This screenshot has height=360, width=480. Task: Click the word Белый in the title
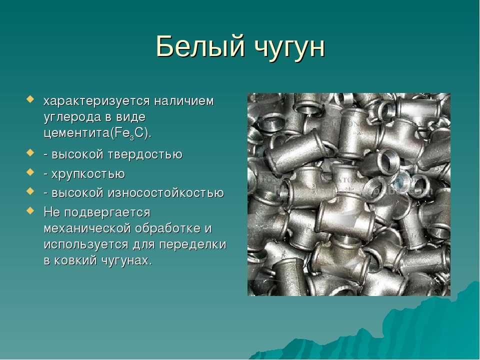pyautogui.click(x=200, y=46)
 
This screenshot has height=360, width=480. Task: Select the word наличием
pyautogui.click(x=183, y=100)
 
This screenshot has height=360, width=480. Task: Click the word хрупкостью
pyautogui.click(x=88, y=174)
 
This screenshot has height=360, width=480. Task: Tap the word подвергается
pyautogui.click(x=107, y=213)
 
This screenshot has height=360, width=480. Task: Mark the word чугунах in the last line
pyautogui.click(x=125, y=261)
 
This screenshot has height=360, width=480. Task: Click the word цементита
pyautogui.click(x=76, y=134)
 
